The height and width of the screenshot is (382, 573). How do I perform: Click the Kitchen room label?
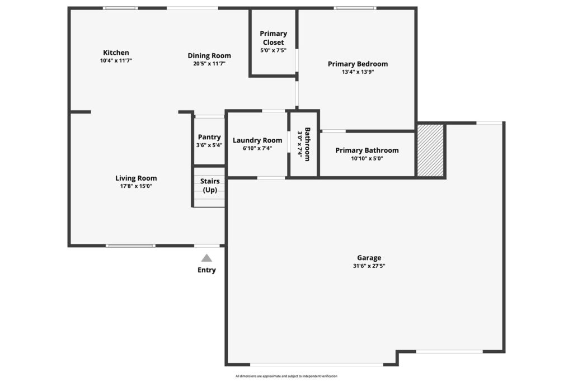click(x=116, y=53)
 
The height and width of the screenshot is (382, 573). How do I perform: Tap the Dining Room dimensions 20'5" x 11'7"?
click(x=209, y=64)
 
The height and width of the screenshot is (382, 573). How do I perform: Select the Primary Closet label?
click(x=273, y=38)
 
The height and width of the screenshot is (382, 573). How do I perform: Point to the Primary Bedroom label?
click(x=358, y=64)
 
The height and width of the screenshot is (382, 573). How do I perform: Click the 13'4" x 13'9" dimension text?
click(x=358, y=72)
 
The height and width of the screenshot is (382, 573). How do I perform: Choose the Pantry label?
click(x=209, y=137)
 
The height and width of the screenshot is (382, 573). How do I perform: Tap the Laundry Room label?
click(x=257, y=140)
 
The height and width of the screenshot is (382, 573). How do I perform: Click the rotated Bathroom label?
click(x=307, y=144)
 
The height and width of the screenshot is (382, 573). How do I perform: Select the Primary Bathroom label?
click(x=367, y=150)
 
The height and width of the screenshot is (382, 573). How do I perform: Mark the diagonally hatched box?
click(x=430, y=150)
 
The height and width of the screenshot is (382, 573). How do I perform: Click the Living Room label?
click(x=136, y=178)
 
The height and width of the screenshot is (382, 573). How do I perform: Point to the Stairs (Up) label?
click(x=210, y=186)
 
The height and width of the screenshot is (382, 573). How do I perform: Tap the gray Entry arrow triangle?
click(x=206, y=258)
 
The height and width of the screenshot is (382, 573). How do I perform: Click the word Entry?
click(x=206, y=270)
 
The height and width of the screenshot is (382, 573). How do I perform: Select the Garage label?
click(x=369, y=258)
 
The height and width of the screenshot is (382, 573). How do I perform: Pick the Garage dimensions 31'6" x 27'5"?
click(x=369, y=266)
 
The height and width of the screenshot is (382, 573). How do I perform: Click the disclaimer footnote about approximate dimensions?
click(x=286, y=376)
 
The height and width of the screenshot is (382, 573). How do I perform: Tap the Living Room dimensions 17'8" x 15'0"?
click(x=136, y=186)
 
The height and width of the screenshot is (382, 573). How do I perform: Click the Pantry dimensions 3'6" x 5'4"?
click(x=209, y=145)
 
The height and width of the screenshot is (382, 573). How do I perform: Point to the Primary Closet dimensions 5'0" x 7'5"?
click(x=273, y=50)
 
